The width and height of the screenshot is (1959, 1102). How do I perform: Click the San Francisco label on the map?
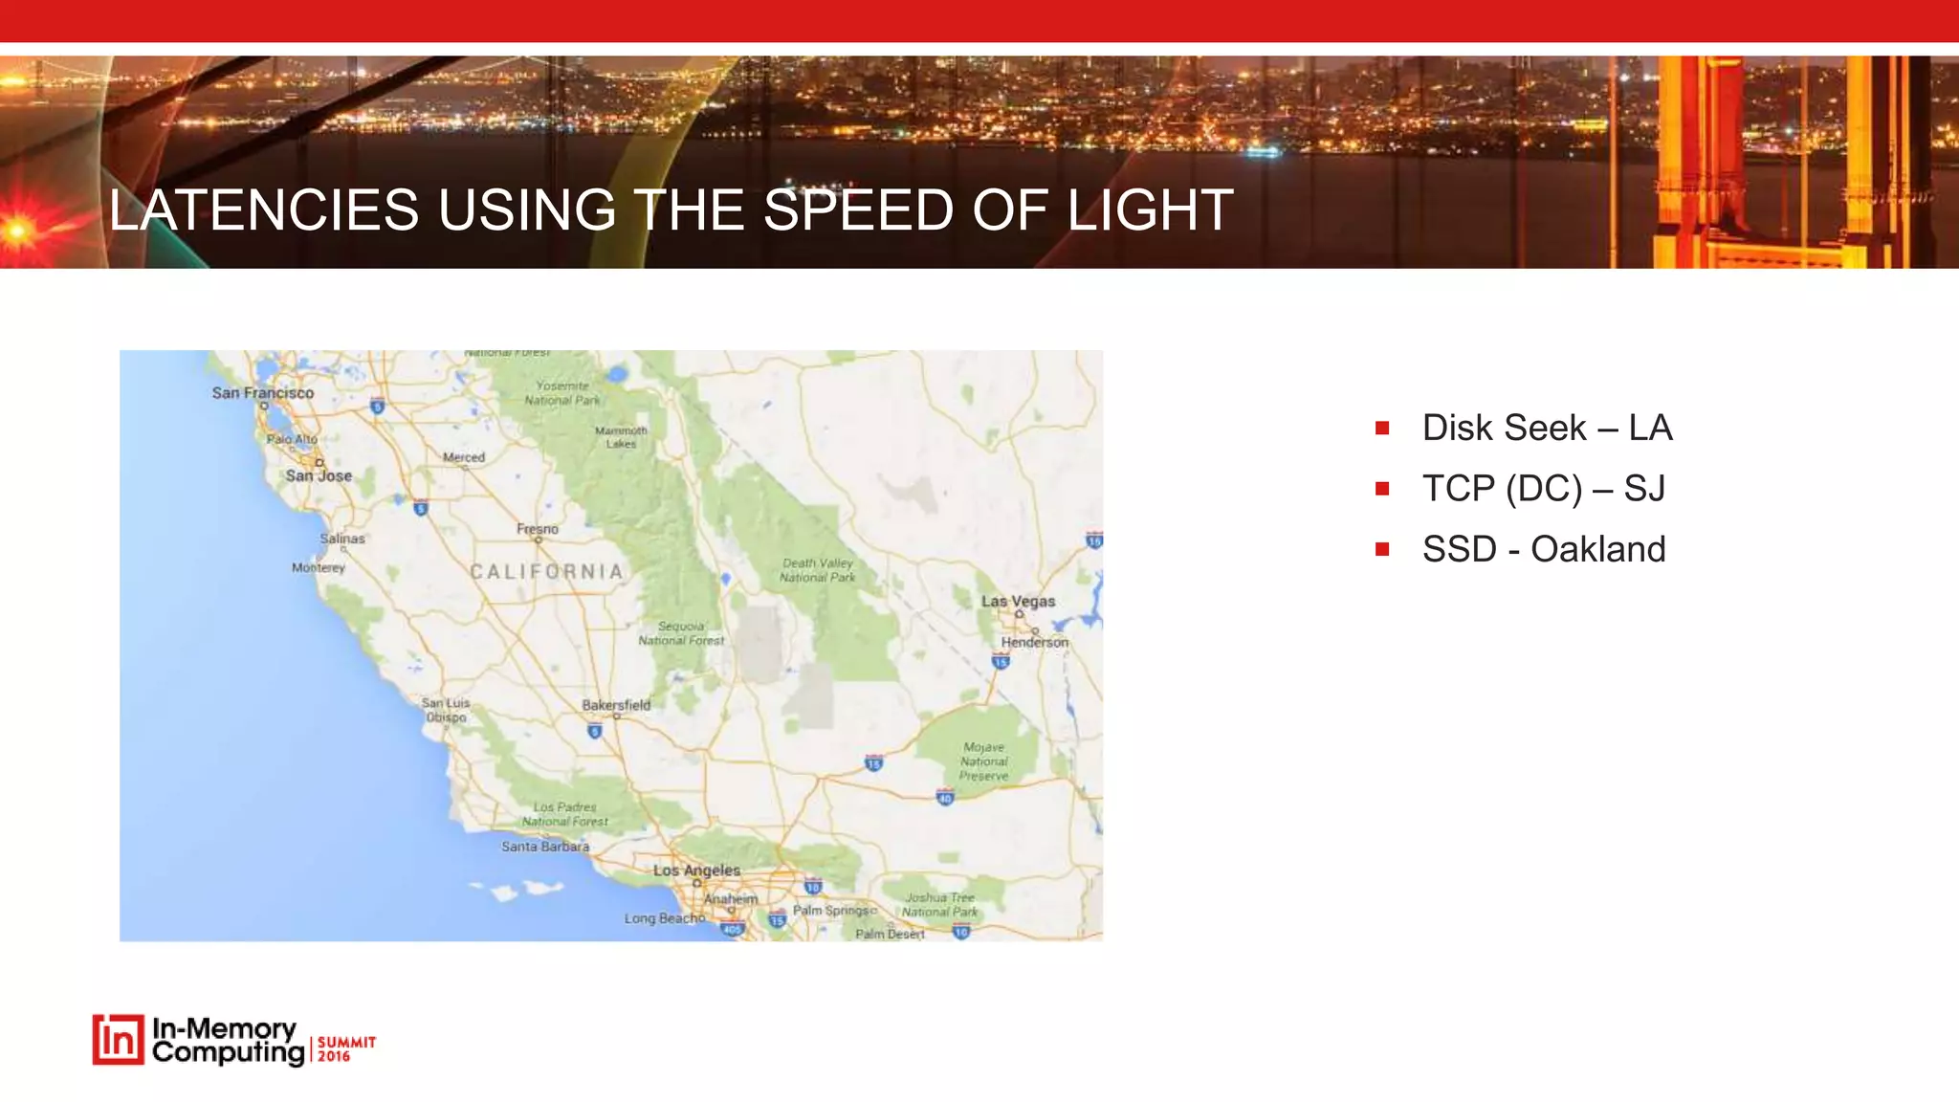point(263,393)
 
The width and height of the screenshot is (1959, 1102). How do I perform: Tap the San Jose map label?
point(319,475)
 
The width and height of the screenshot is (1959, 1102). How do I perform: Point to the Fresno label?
point(538,529)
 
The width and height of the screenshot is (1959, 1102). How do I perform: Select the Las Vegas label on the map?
point(1018,602)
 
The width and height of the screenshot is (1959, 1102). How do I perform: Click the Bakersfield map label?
point(616,705)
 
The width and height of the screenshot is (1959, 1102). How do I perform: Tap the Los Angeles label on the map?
point(696,871)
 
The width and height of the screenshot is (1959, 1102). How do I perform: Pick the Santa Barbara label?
point(545,847)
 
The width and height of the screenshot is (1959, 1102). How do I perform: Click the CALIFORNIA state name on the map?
point(547,572)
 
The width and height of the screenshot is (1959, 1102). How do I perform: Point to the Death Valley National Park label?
point(817,570)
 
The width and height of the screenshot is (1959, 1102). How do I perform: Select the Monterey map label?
point(319,567)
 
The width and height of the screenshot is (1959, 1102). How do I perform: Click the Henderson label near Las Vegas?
point(1034,642)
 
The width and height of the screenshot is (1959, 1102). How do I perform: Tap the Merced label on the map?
point(464,457)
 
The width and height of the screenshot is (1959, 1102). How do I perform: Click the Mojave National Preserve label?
point(984,761)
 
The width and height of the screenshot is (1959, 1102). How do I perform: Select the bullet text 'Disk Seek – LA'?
point(1547,428)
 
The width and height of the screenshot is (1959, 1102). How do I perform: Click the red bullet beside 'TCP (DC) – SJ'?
point(1382,489)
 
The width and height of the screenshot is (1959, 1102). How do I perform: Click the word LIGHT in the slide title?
point(1150,210)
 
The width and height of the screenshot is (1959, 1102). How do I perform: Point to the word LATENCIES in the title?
point(264,210)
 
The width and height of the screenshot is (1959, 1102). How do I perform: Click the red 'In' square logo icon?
point(119,1040)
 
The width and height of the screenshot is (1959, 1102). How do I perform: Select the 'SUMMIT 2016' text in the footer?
point(346,1048)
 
